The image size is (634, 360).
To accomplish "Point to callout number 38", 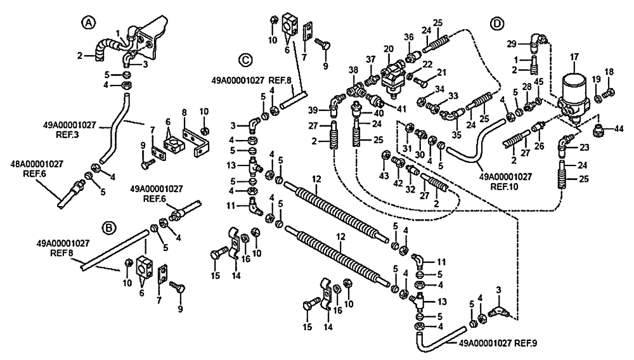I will pyautogui.click(x=353, y=70).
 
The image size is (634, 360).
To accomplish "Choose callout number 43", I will pyautogui.click(x=385, y=175).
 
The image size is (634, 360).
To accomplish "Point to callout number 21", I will pyautogui.click(x=442, y=72).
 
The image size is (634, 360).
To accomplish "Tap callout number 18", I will pyautogui.click(x=609, y=71).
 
